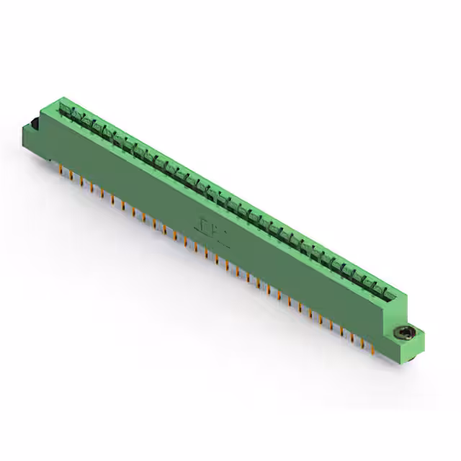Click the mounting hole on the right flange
405,333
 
